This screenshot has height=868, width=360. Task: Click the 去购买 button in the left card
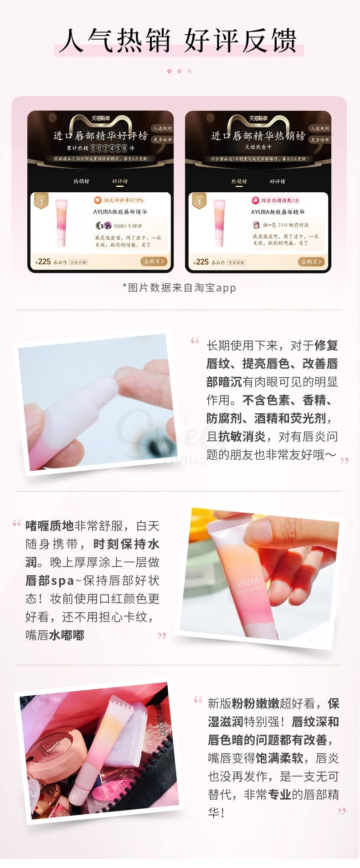coord(154,262)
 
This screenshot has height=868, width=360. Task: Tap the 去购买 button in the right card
coord(311,262)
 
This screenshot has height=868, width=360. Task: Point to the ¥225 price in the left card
coord(43,262)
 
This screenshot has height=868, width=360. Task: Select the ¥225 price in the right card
coord(201,262)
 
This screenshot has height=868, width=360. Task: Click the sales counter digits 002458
coord(109,148)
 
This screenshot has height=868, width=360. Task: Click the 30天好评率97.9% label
coord(119,200)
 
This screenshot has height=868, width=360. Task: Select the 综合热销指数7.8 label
coord(276,200)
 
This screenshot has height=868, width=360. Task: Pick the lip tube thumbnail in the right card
coord(219,222)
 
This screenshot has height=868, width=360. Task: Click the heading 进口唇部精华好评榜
coord(100,136)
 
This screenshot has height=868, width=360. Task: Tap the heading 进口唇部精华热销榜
coord(258,136)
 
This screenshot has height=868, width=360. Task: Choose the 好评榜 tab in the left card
coord(120,181)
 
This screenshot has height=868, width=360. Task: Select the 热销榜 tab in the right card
coord(239,181)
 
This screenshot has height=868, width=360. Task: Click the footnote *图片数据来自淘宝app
coord(179,288)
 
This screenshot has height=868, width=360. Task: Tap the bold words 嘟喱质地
coord(49,526)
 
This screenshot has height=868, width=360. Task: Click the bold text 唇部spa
coord(50,580)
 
